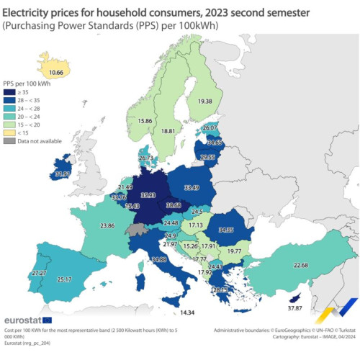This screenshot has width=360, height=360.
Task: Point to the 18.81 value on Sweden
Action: coord(168,131)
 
